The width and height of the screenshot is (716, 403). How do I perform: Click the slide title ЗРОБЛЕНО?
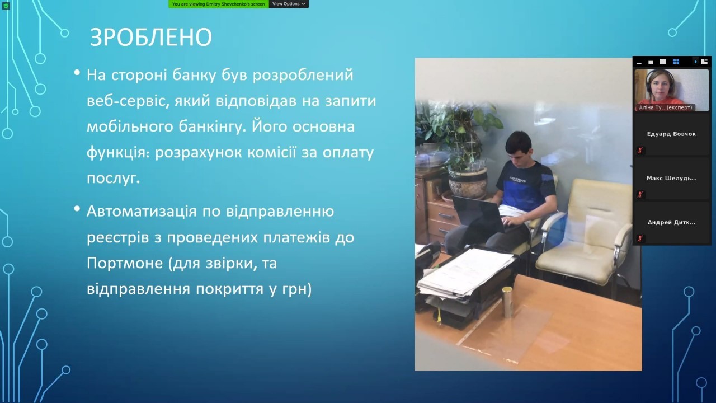tap(151, 38)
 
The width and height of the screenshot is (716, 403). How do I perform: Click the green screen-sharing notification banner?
tap(219, 4)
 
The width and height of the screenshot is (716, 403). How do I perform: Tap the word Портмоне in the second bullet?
tap(125, 263)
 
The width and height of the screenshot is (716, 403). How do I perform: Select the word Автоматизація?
tap(142, 212)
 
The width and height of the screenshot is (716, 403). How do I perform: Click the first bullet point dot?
tap(77, 72)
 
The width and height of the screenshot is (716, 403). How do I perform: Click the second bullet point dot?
tap(77, 209)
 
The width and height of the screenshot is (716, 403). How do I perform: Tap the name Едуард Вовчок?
tap(671, 134)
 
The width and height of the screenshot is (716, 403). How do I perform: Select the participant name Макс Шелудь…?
tap(672, 178)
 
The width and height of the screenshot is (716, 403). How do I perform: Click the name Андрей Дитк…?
tap(671, 222)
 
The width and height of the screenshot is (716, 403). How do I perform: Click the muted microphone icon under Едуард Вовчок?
tap(640, 151)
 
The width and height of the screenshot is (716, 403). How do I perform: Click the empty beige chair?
tap(586, 233)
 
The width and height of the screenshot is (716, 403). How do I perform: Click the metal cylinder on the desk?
tap(507, 302)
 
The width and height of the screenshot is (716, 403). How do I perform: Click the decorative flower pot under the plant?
tap(468, 182)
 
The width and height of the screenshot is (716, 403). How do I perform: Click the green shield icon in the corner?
tap(6, 6)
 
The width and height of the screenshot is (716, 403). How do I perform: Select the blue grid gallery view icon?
tap(676, 62)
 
